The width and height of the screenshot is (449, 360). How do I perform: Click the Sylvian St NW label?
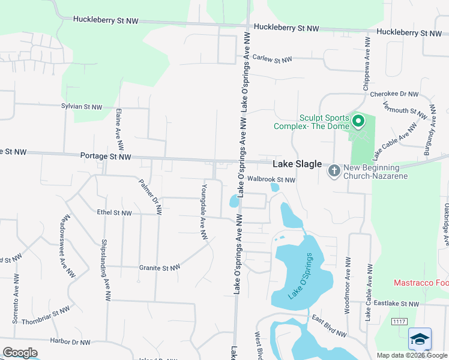click(82, 106)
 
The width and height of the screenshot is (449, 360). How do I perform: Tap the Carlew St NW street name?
click(272, 59)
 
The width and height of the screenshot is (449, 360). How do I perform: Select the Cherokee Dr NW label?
click(394, 94)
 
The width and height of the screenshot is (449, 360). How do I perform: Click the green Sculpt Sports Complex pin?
click(358, 122)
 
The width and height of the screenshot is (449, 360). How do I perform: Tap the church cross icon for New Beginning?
click(334, 172)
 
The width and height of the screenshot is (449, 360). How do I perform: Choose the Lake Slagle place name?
click(297, 164)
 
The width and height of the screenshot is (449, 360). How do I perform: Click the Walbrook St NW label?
click(271, 179)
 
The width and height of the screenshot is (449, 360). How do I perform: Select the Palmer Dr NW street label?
click(150, 196)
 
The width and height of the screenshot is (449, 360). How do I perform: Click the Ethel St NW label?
click(114, 212)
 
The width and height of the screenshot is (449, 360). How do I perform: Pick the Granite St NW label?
click(161, 268)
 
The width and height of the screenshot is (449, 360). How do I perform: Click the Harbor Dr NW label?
click(70, 343)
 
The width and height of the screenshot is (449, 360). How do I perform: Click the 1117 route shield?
click(399, 322)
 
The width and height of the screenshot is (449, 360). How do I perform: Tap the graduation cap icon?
click(420, 339)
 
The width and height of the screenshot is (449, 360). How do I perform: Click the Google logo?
click(20, 352)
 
